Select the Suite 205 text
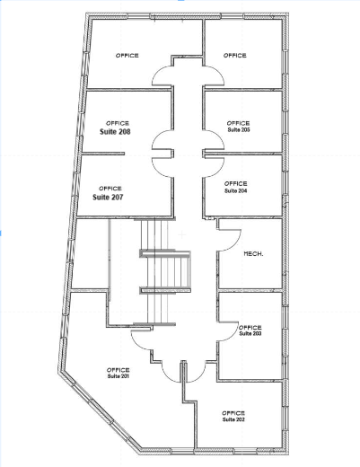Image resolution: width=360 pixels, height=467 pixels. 238,130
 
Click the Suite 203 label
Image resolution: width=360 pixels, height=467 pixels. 250,333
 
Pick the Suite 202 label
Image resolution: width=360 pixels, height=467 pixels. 233,419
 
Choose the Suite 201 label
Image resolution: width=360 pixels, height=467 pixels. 119,376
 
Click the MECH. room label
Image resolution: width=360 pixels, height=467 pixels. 253,255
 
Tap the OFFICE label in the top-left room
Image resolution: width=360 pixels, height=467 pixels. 127,56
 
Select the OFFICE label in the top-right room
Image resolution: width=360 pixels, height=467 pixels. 234,56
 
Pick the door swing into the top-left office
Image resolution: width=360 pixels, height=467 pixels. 162,77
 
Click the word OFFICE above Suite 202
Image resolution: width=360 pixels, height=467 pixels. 233,412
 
